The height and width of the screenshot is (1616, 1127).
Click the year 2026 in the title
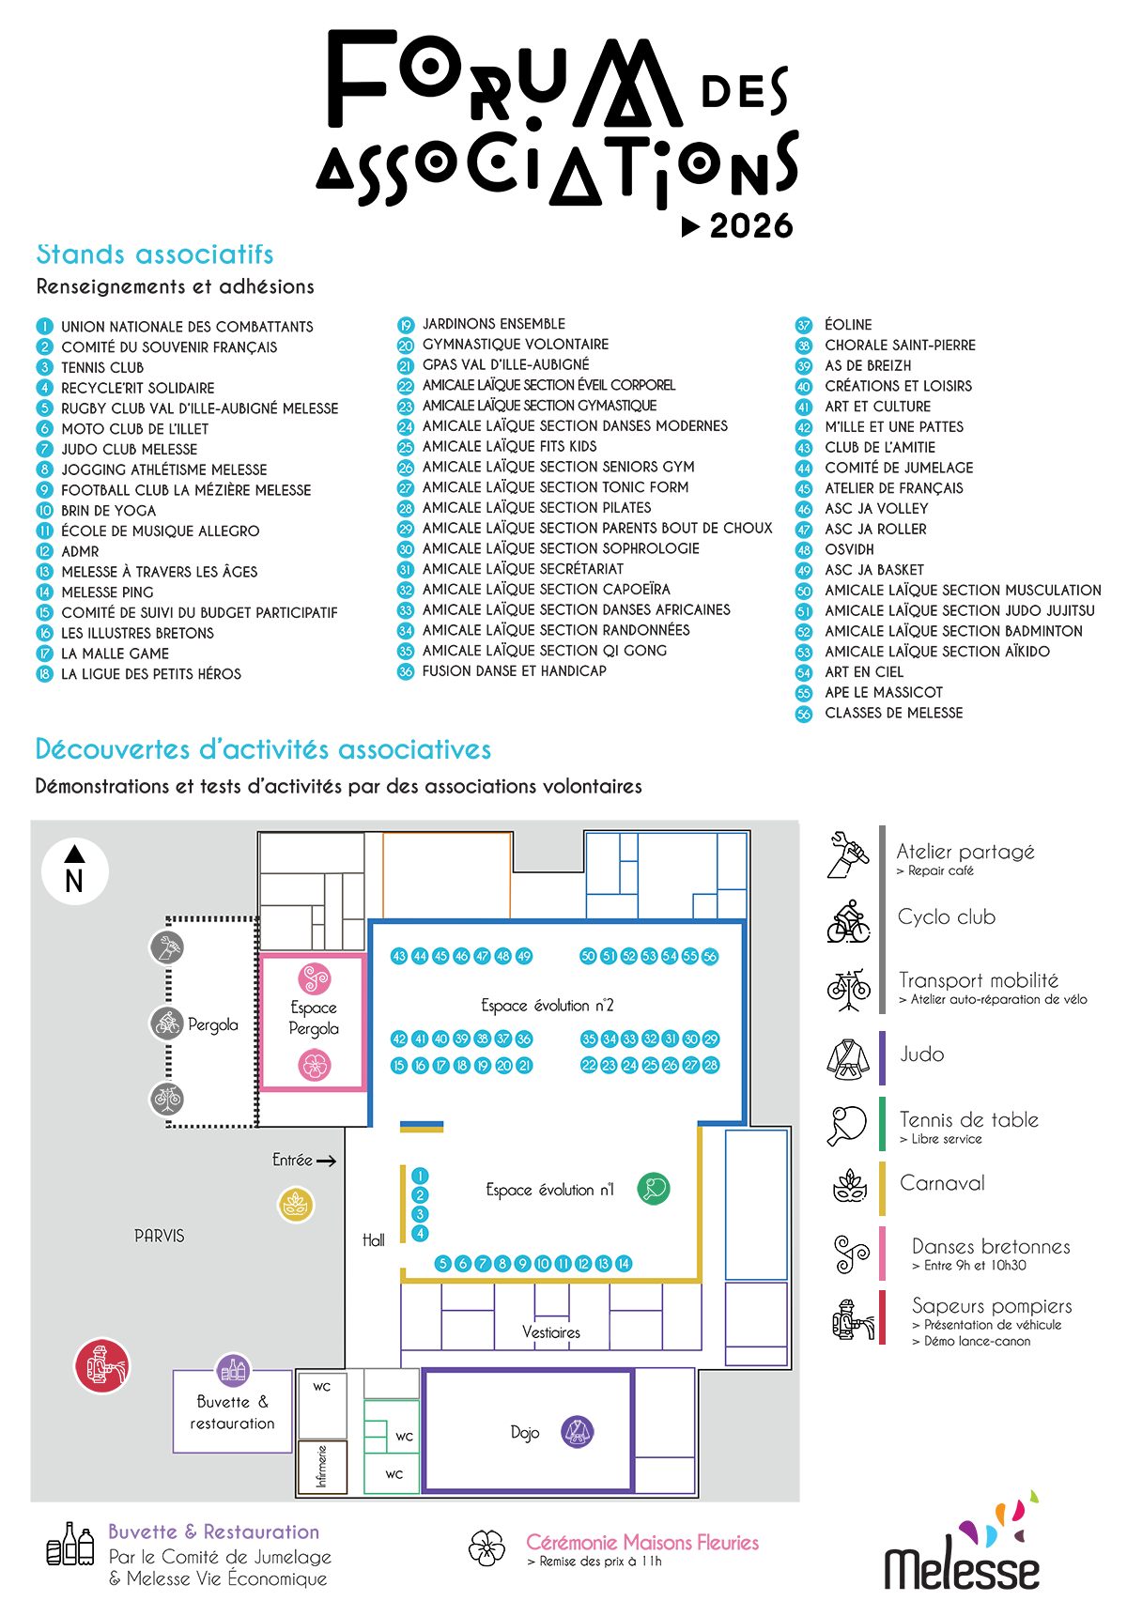coord(751,226)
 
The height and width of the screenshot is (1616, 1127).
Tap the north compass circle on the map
coord(75,870)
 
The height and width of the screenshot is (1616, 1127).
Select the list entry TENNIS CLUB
coord(102,367)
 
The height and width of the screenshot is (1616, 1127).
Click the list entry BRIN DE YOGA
coord(109,511)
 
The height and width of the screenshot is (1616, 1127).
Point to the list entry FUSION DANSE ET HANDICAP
coord(515,670)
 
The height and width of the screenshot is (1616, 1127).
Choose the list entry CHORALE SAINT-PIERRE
coord(900,345)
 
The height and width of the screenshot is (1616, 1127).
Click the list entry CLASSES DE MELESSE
coord(894,713)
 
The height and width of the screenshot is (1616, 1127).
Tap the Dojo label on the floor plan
coord(525,1433)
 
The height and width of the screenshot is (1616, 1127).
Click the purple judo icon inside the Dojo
coord(578,1432)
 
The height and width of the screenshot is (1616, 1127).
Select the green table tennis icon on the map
coord(654,1189)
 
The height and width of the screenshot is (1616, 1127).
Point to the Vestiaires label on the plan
coord(551,1332)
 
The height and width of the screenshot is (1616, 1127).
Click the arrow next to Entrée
coord(326,1162)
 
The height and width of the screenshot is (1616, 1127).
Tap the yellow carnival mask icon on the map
coord(296,1205)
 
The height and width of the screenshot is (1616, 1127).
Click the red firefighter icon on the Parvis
coord(101,1365)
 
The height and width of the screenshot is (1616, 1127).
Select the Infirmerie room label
coord(322,1466)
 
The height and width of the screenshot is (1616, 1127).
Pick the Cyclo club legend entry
coord(947,917)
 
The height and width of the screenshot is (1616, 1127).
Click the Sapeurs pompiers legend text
coord(992,1306)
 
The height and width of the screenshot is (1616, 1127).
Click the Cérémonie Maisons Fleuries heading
coord(642,1542)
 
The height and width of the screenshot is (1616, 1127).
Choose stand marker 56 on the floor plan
coord(710,956)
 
